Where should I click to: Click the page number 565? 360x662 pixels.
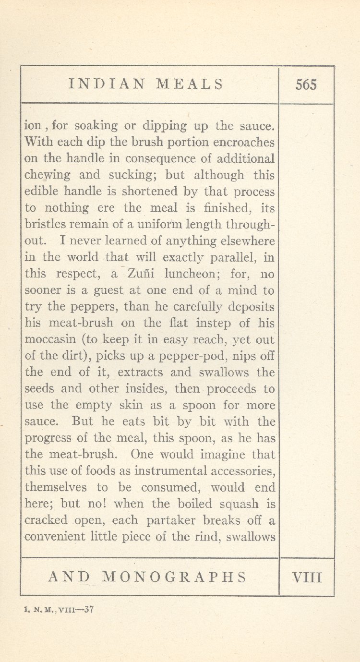click(306, 85)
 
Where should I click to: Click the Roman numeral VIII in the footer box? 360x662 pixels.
click(307, 577)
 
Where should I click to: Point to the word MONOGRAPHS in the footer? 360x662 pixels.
click(175, 577)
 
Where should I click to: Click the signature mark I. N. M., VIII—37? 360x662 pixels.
click(58, 610)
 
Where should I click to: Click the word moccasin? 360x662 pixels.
click(50, 340)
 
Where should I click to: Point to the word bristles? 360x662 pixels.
click(44, 225)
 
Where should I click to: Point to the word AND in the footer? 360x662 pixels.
click(69, 577)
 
